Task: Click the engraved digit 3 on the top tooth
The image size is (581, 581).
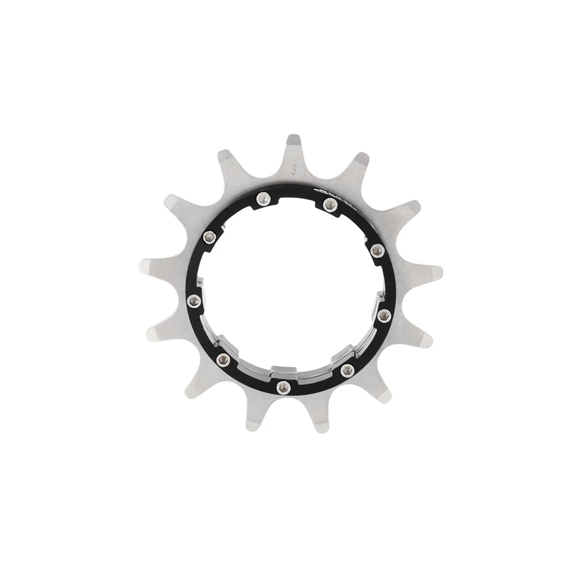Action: [x=294, y=169]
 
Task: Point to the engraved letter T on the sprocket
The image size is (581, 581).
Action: [x=304, y=169]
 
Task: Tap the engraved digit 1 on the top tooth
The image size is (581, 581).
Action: [x=284, y=170]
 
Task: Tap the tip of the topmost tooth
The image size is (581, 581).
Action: [x=294, y=139]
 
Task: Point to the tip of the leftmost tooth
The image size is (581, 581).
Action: [x=144, y=266]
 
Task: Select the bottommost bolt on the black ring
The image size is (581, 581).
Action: [x=283, y=387]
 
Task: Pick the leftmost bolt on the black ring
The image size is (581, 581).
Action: [x=194, y=300]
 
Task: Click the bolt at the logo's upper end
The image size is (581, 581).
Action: [x=330, y=204]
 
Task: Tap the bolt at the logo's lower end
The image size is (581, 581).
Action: [x=377, y=250]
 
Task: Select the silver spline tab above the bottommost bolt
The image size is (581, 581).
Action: [x=284, y=369]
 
